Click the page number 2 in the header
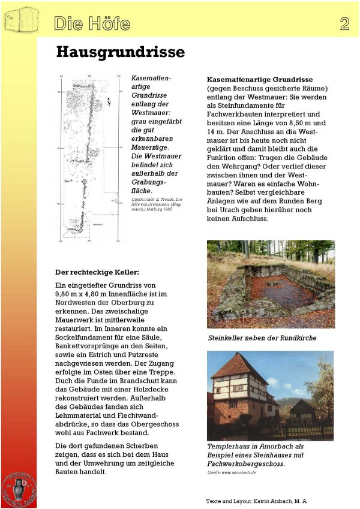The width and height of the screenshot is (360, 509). point(344,23)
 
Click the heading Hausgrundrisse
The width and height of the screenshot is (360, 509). point(120,52)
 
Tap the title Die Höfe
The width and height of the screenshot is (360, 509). point(92,23)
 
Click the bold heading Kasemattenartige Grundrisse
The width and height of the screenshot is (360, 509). point(259,79)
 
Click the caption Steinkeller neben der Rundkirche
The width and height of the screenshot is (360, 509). point(262,338)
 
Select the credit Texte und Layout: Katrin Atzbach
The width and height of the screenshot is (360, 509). point(257,500)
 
